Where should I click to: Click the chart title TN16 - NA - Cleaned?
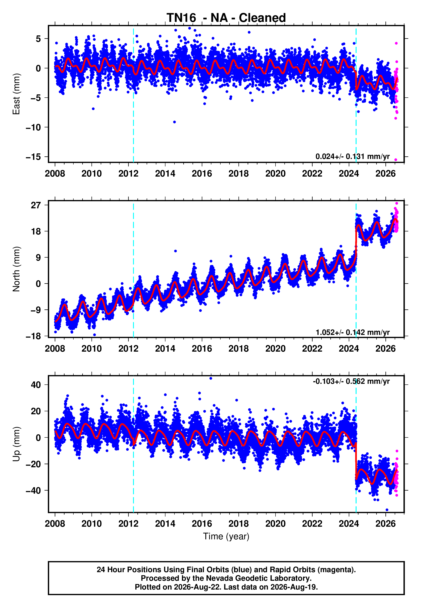coord(226,18)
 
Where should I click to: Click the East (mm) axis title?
coord(16,94)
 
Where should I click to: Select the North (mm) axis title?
coord(16,269)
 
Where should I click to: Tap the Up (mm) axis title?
coord(16,444)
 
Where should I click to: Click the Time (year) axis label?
coord(226,536)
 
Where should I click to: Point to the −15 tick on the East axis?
coord(33,157)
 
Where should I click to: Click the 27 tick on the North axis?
coord(36,205)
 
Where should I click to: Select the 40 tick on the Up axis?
coord(36,385)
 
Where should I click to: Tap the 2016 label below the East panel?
coord(202,174)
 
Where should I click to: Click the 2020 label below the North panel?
coord(275,349)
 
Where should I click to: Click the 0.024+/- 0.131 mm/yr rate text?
coord(352,157)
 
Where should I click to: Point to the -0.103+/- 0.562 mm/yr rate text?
coord(351,381)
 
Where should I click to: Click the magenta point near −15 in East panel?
coord(396,160)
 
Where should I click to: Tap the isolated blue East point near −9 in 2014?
coord(174,122)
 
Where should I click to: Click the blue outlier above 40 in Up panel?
coord(211,378)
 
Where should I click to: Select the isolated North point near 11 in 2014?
coord(176,251)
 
